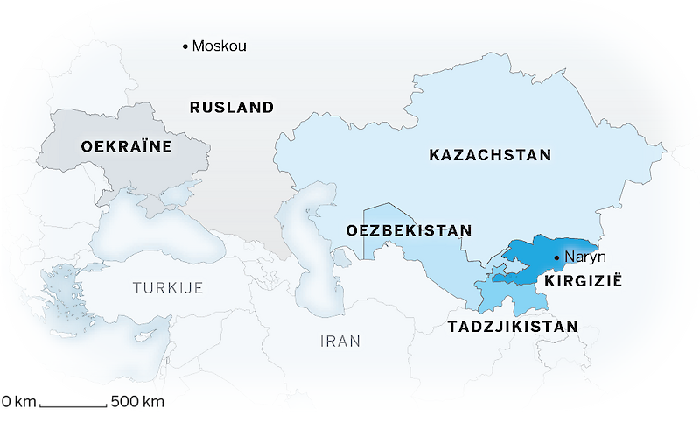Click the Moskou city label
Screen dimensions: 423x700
point(219,46)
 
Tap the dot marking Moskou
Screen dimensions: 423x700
point(185,46)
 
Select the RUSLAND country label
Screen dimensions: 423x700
point(232,108)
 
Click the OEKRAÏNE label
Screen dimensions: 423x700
point(126,146)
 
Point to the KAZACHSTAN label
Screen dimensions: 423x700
point(490,155)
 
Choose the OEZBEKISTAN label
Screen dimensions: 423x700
point(409,230)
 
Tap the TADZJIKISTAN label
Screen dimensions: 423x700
point(513,327)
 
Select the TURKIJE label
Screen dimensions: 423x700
point(168,287)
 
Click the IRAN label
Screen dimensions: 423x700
point(340,342)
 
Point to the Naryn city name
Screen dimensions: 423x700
point(585,257)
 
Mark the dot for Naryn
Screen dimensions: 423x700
point(558,257)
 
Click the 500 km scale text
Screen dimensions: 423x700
point(137,403)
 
